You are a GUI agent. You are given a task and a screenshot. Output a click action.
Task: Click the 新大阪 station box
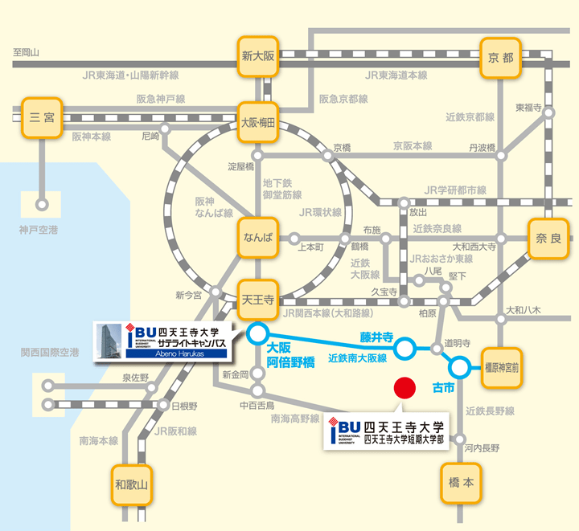pyautogui.click(x=258, y=56)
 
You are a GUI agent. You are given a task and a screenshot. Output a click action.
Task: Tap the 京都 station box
pyautogui.click(x=500, y=58)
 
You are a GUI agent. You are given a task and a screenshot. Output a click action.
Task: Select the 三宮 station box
pyautogui.click(x=43, y=116)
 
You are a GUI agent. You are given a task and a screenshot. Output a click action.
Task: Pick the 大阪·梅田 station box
pyautogui.click(x=258, y=123)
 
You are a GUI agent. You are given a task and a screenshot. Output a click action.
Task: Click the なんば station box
pyautogui.click(x=258, y=239)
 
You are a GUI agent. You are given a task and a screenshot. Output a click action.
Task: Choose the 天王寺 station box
pyautogui.click(x=258, y=300)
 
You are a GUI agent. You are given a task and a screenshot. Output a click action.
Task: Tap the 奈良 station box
pyautogui.click(x=548, y=238)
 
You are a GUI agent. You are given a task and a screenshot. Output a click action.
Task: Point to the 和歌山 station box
pyautogui.click(x=129, y=484)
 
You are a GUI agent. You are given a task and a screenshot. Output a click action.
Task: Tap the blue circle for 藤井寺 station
pyautogui.click(x=405, y=349)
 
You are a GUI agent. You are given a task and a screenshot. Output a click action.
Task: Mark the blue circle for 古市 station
pyautogui.click(x=459, y=368)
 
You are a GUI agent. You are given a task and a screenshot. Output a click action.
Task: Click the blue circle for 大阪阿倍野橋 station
pyautogui.click(x=257, y=332)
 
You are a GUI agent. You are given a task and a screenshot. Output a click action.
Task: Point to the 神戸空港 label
pyautogui.click(x=39, y=231)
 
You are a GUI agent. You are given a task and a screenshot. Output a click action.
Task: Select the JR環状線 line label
pyautogui.click(x=320, y=213)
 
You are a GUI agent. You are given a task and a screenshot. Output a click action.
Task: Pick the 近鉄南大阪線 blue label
pyautogui.click(x=358, y=357)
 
